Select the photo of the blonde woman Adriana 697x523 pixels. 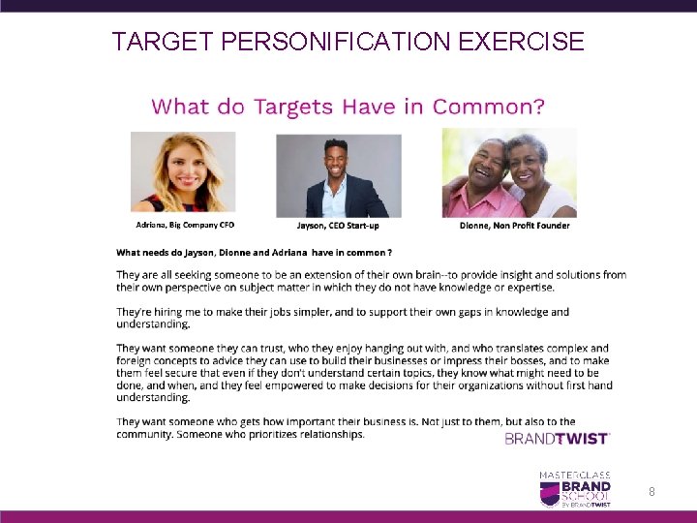tap(183, 171)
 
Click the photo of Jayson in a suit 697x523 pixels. tap(338, 175)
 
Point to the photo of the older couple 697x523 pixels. tap(509, 173)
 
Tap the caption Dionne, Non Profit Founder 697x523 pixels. tap(514, 225)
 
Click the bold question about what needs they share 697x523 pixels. tap(254, 252)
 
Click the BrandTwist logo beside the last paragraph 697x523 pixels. tap(557, 439)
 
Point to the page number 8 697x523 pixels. tap(652, 492)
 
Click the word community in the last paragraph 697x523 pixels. tap(146, 434)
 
